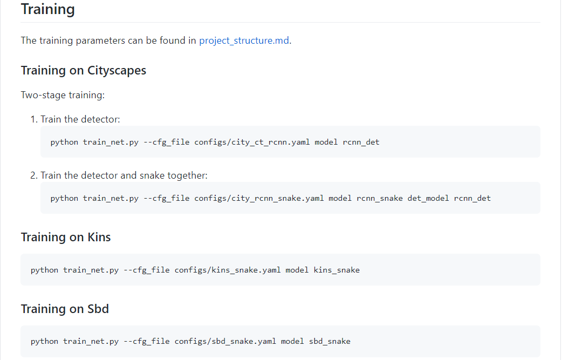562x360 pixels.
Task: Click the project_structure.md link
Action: (x=244, y=40)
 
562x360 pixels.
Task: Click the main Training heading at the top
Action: (x=47, y=9)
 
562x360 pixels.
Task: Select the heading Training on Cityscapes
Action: (x=83, y=70)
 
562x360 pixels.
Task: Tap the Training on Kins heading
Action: (x=65, y=237)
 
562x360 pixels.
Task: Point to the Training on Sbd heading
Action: (x=65, y=309)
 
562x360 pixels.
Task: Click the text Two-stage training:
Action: (x=63, y=95)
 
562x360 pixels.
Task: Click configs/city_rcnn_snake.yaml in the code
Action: (x=259, y=198)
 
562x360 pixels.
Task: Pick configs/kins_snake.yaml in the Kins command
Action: (x=228, y=270)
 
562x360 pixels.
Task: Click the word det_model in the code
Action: (x=428, y=198)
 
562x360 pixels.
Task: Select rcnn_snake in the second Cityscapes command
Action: (x=380, y=198)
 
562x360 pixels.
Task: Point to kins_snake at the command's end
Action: (x=337, y=270)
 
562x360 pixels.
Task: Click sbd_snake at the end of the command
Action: (x=330, y=341)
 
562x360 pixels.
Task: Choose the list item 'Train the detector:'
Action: (x=80, y=119)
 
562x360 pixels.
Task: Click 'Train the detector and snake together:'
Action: (x=124, y=175)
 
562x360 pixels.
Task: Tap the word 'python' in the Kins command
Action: (x=44, y=270)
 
